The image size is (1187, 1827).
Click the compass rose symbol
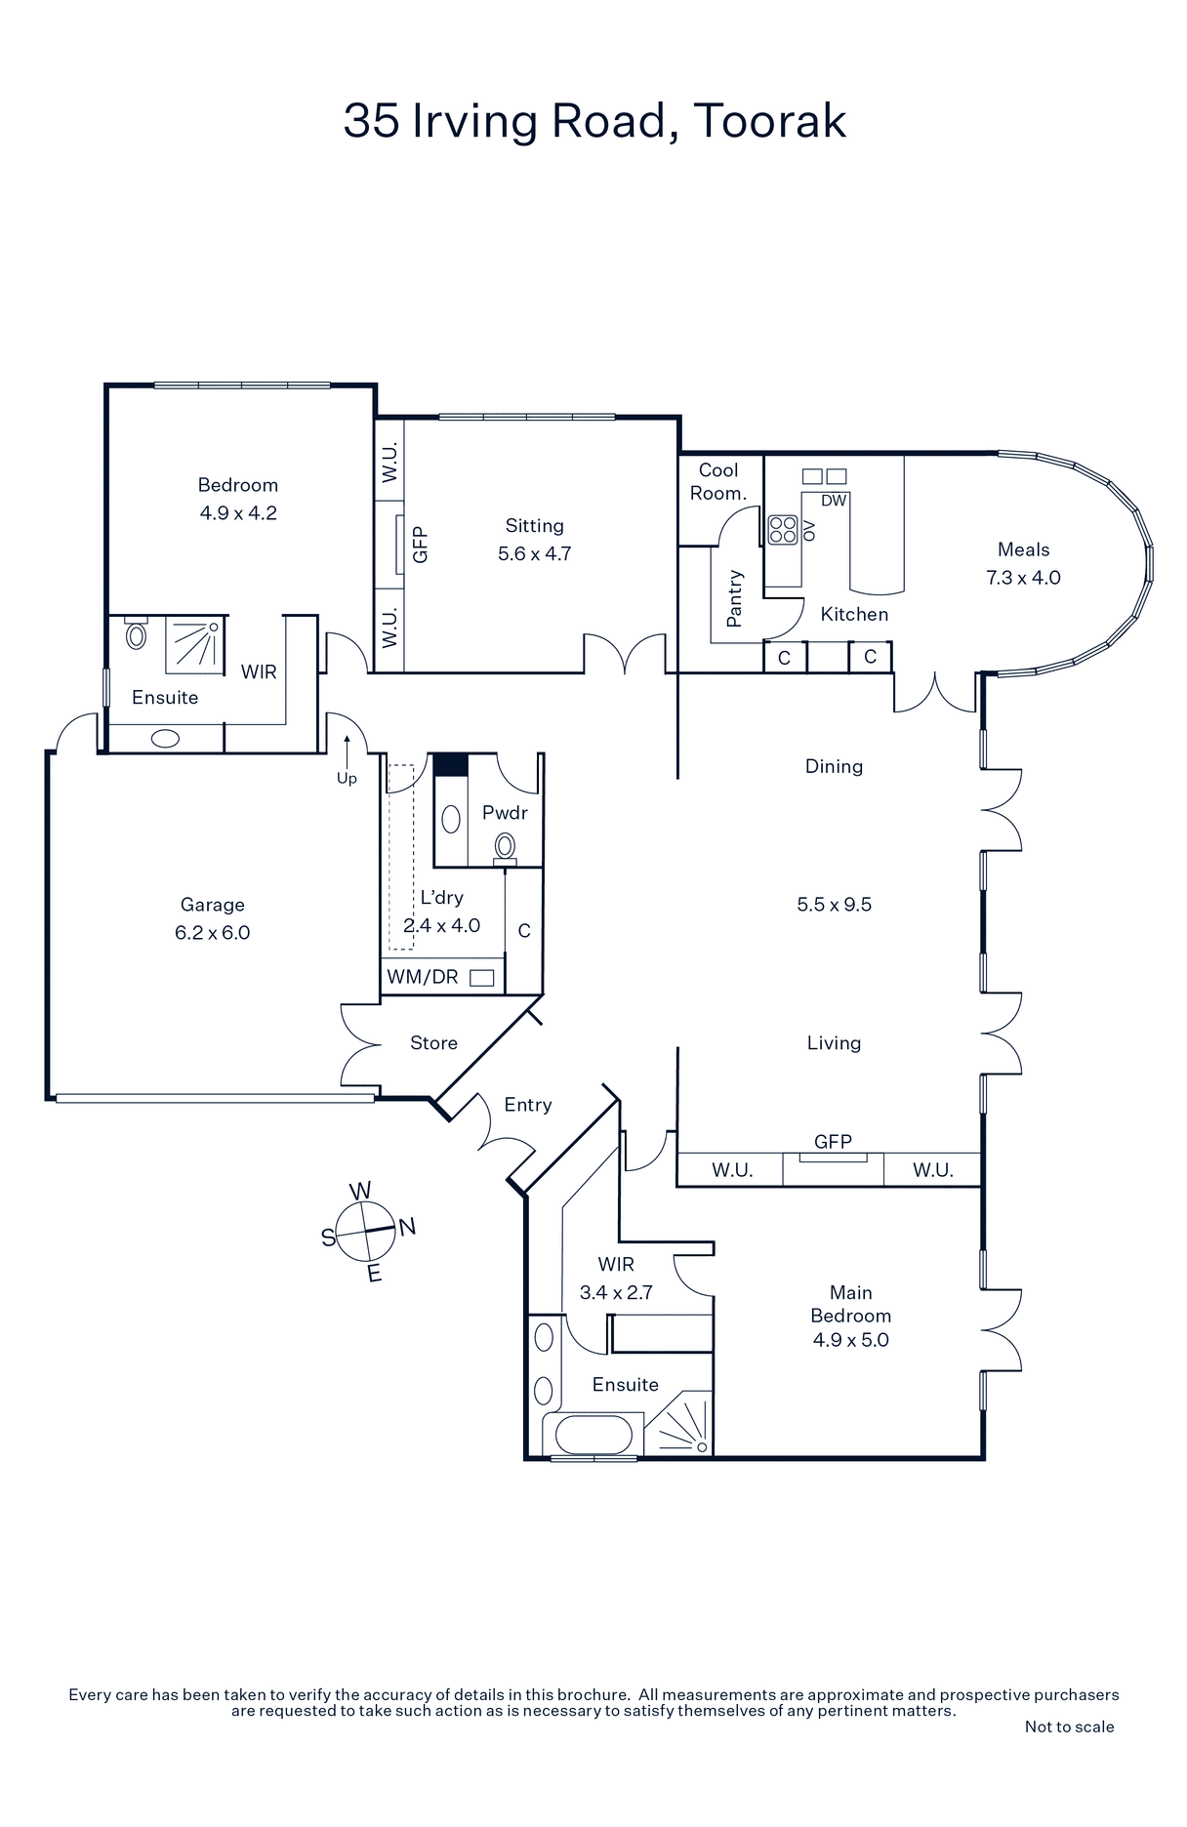tap(365, 1231)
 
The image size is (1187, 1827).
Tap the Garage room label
tap(213, 905)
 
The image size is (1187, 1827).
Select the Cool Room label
tap(718, 482)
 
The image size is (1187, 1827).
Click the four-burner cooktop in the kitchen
tap(783, 529)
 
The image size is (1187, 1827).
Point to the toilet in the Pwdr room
tap(505, 847)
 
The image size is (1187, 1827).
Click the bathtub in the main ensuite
tap(593, 1436)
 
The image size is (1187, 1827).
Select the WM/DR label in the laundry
tap(423, 977)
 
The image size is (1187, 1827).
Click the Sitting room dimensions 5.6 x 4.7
tap(535, 553)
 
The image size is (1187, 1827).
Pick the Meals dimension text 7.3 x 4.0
tap(1023, 577)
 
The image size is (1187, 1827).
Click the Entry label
tap(528, 1105)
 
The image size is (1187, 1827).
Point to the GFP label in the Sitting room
tap(421, 545)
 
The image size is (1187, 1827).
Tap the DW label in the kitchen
tap(834, 501)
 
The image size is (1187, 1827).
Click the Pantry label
tap(735, 598)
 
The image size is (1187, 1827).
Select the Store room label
tap(433, 1043)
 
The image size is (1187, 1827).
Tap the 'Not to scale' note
tap(1069, 1726)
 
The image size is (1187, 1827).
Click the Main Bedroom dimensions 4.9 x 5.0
tap(851, 1340)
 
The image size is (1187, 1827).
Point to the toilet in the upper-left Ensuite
tap(137, 634)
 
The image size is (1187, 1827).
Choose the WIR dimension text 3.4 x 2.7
tap(616, 1292)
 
